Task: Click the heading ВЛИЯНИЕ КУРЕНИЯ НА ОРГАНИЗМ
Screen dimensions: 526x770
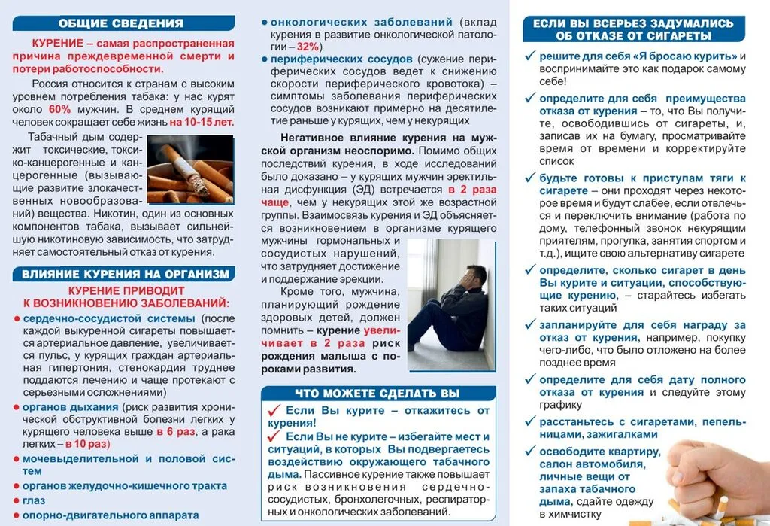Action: click(x=121, y=275)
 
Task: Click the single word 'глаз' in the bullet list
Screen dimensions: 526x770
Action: click(x=34, y=500)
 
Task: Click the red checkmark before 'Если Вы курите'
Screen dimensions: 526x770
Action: click(x=274, y=411)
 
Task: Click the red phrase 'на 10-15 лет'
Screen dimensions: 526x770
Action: click(x=202, y=122)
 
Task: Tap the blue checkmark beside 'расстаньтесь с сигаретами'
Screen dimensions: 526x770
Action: click(x=530, y=421)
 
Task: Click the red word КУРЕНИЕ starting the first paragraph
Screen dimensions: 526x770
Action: click(x=58, y=44)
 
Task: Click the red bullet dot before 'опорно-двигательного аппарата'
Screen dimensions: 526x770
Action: click(x=16, y=516)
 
